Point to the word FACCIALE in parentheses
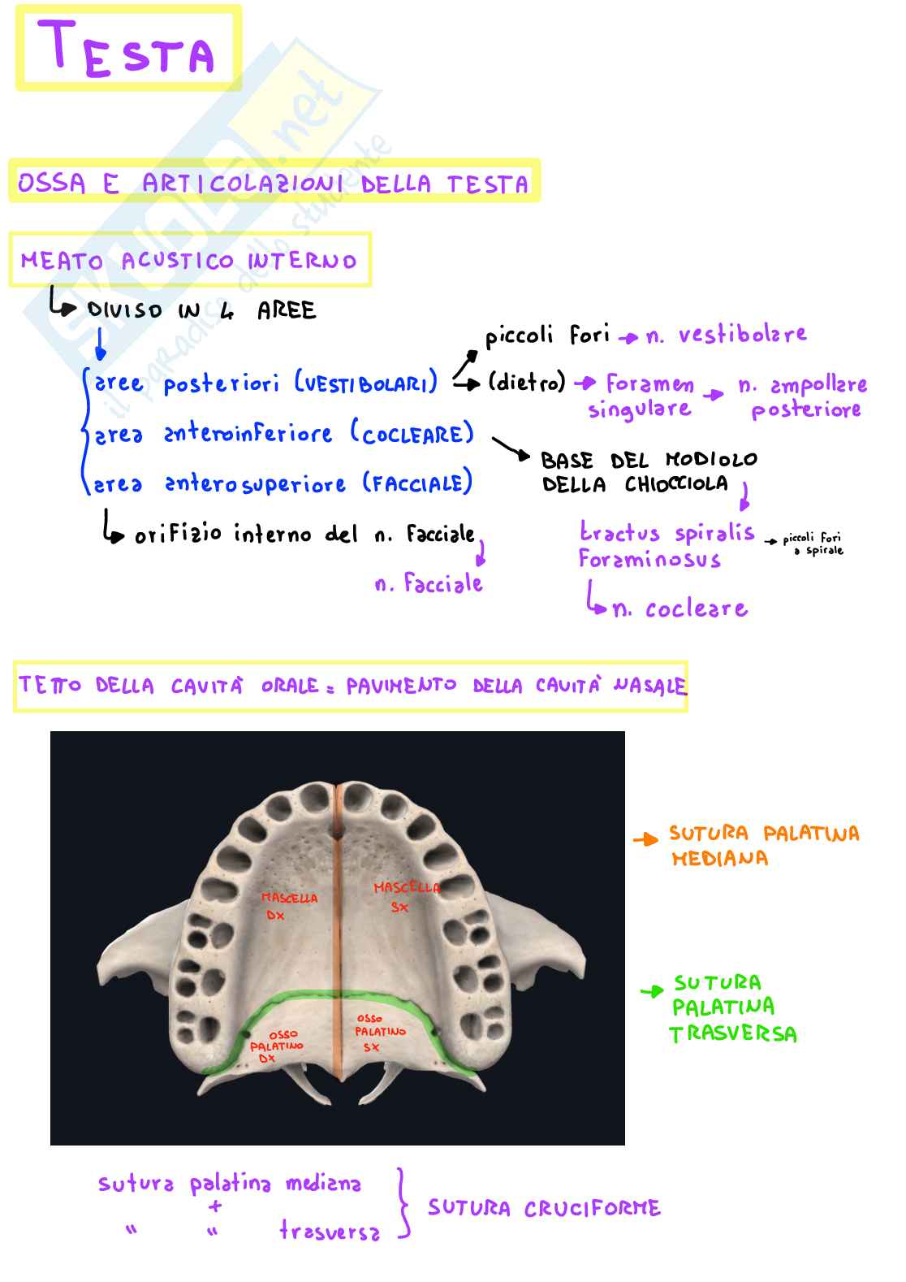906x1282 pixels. (417, 483)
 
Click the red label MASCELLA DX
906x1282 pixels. (288, 906)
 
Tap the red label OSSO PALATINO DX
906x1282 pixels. (276, 1046)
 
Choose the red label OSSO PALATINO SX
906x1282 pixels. (378, 1032)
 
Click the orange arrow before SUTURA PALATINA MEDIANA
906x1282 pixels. (645, 839)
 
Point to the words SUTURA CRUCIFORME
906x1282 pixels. (544, 1208)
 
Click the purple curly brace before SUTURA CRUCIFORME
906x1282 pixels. (403, 1203)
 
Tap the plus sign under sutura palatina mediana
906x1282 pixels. (214, 1206)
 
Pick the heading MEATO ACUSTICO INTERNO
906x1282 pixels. (189, 261)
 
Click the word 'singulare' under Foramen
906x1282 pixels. (640, 409)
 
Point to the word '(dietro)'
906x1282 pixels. (526, 382)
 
